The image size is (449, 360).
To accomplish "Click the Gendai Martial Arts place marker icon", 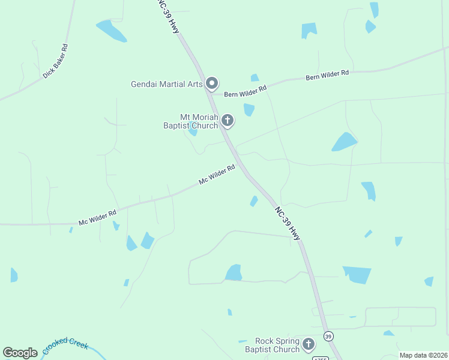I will point(212,83).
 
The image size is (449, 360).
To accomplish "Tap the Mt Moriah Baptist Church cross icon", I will point(227,120).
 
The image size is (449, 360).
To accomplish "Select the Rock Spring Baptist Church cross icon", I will point(309,344).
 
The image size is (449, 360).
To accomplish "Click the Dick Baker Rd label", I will point(55,61).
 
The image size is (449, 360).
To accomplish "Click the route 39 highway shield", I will point(328,335).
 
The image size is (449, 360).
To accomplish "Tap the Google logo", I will point(20,353).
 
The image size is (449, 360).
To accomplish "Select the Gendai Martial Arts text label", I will point(167,84).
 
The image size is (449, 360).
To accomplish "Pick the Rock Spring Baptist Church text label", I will point(272,345).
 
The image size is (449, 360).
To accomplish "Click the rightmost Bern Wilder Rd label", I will point(327,75).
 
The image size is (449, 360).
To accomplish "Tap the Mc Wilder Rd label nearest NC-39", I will point(217,175).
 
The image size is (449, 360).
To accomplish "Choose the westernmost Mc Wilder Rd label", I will point(97,217).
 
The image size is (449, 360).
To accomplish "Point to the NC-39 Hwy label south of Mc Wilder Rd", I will point(288,224).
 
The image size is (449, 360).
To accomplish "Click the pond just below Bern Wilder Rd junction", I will point(249,109).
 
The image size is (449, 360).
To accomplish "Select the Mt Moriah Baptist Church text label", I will point(191,121).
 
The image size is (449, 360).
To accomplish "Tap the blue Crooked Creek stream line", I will point(90,341).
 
